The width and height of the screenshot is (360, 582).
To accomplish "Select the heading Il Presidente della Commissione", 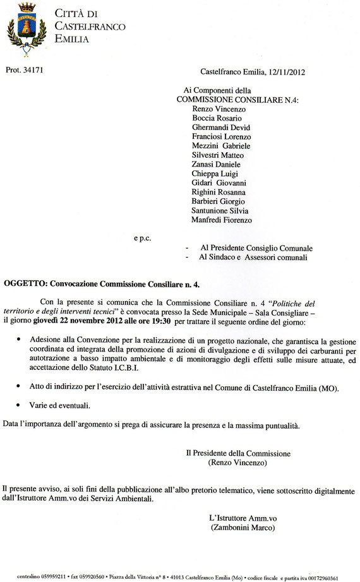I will pos(238,453).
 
